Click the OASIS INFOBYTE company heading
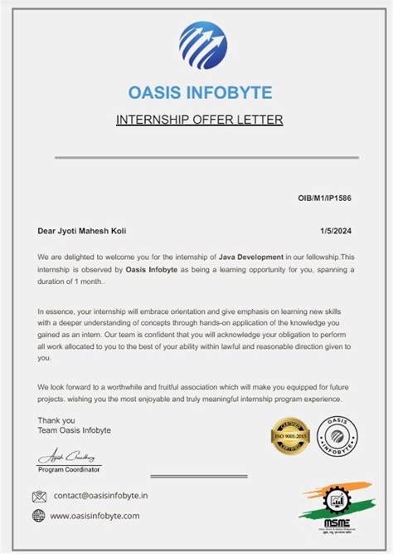point(200,91)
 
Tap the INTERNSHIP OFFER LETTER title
point(200,120)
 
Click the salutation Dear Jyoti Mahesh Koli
point(83,231)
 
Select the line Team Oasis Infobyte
point(75,430)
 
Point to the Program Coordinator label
point(70,469)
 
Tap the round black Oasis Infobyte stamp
point(337,437)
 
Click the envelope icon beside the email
point(39,497)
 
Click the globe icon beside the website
point(39,516)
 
